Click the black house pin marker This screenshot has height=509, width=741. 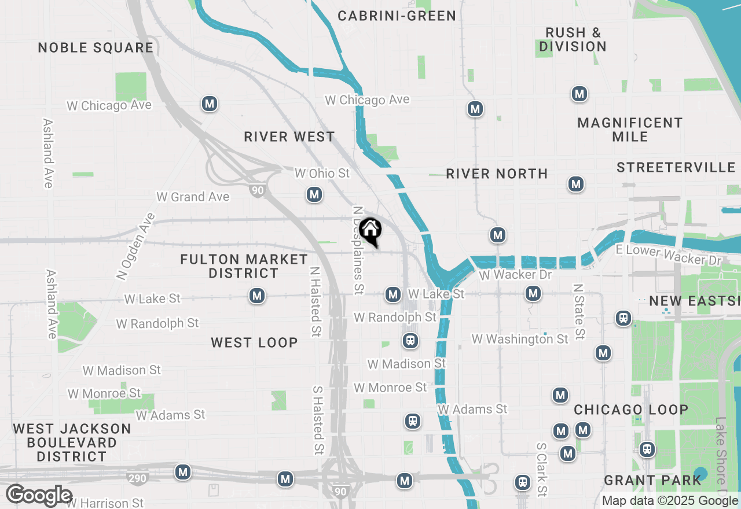[370, 230]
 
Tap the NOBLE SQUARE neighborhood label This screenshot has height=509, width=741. [96, 47]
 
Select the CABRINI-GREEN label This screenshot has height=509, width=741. [397, 16]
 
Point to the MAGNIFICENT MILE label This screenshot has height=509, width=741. [630, 130]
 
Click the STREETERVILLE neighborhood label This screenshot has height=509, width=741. [676, 167]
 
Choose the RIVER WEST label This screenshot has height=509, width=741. [289, 137]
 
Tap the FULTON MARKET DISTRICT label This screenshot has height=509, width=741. [244, 266]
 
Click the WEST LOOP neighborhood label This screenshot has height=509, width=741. [254, 342]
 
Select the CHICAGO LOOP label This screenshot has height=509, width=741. [631, 410]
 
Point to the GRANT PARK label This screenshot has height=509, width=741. [652, 480]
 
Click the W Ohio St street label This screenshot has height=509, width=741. [322, 173]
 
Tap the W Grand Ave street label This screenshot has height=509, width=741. [193, 197]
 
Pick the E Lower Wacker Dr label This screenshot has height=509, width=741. [668, 255]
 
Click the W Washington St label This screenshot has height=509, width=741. [520, 339]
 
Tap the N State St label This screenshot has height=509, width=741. [578, 311]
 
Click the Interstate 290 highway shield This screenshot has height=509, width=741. [137, 478]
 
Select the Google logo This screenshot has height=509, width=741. [39, 496]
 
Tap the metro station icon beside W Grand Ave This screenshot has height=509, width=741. [314, 194]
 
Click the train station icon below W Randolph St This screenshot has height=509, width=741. [410, 341]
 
